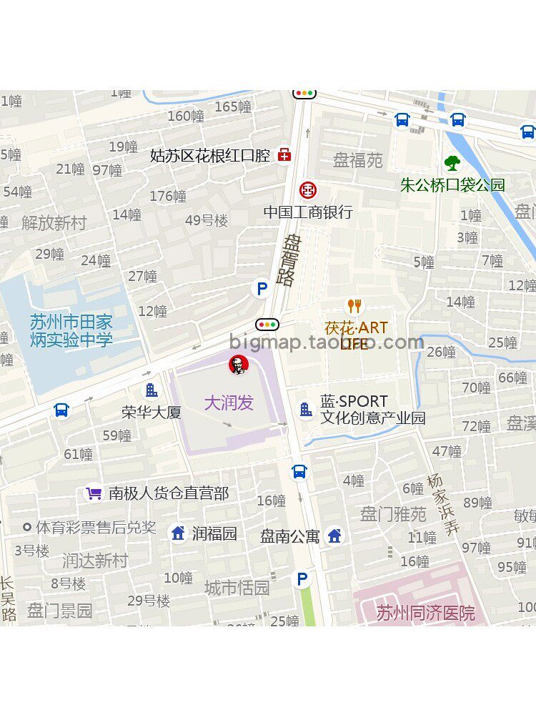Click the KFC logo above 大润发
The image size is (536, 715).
[238, 365]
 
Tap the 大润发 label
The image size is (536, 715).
[229, 403]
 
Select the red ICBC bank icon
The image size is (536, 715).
[307, 190]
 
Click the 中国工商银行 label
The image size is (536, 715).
[308, 212]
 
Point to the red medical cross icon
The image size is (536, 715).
[284, 155]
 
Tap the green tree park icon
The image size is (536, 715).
[452, 164]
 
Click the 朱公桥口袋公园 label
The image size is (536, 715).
[452, 185]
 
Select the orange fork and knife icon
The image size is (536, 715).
[354, 307]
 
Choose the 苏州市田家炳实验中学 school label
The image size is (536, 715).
[71, 331]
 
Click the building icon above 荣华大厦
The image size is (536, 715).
[152, 390]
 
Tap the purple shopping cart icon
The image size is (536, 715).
[94, 493]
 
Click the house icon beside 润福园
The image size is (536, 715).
[178, 533]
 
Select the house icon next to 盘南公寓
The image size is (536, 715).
[334, 536]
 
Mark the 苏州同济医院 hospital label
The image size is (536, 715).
[425, 613]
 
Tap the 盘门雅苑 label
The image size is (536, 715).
[393, 513]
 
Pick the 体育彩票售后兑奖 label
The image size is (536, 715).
[96, 528]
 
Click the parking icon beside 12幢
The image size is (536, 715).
[262, 290]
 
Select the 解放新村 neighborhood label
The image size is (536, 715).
[54, 223]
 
